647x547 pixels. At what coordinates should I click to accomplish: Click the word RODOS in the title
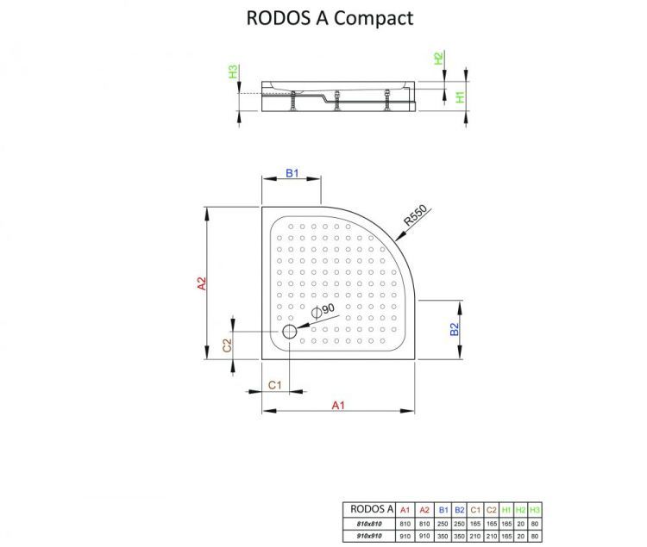tap(273, 17)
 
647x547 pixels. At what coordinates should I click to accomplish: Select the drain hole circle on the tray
tap(289, 332)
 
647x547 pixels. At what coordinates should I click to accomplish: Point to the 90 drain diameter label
tap(328, 310)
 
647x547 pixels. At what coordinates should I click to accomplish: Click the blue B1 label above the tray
tap(292, 173)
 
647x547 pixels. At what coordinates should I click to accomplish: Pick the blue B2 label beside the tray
tap(455, 328)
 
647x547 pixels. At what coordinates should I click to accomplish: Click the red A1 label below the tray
tap(339, 406)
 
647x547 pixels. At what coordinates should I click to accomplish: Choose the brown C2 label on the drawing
tap(227, 346)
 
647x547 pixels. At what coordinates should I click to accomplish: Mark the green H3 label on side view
tap(233, 72)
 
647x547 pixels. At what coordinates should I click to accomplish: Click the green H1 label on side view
tap(461, 97)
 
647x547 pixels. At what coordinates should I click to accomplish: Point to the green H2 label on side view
tap(438, 59)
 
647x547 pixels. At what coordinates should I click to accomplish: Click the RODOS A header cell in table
tap(369, 509)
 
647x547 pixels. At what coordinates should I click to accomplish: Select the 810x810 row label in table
tap(369, 523)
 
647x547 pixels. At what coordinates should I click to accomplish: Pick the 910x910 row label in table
tap(369, 536)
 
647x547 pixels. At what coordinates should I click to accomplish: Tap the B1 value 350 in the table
tap(443, 536)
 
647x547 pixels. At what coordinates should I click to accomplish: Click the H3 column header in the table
tap(535, 509)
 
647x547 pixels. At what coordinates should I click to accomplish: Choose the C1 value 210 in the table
tap(475, 536)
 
